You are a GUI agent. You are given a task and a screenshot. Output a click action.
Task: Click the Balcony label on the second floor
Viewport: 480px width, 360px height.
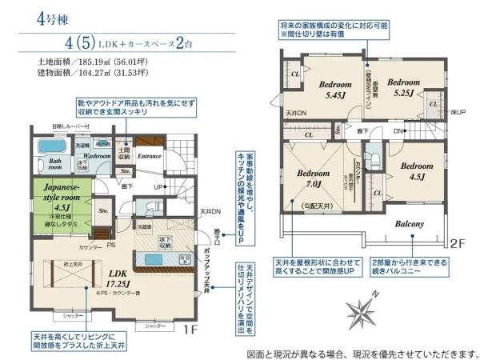[x=409, y=224]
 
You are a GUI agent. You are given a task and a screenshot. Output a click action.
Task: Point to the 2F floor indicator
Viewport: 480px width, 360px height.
[x=457, y=241]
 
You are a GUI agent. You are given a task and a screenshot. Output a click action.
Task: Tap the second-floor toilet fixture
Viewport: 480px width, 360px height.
[x=372, y=155]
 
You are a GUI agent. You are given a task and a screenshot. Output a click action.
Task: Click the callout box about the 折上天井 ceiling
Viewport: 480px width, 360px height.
[x=76, y=341]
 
